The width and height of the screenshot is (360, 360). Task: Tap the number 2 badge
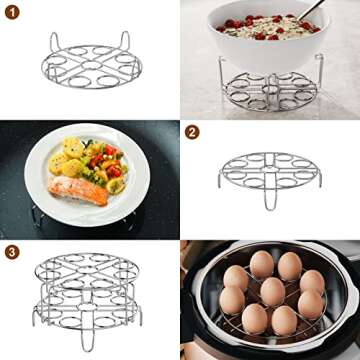point(192,131)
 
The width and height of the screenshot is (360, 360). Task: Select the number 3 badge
point(11,251)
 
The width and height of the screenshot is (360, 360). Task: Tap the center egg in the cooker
point(270,291)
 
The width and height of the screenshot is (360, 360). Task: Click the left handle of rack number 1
point(55,42)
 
